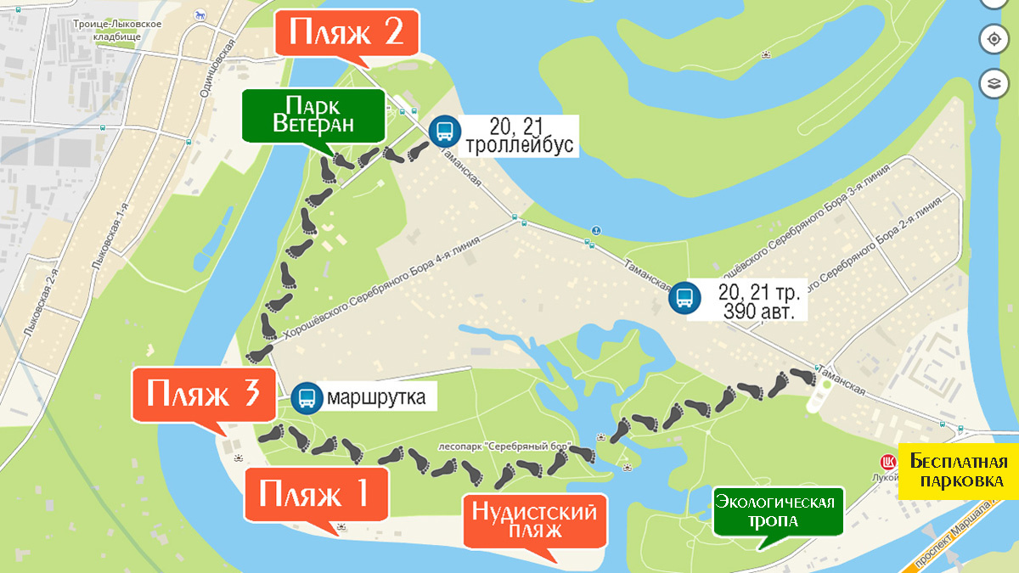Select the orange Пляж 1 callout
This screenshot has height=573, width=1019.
click(x=316, y=492)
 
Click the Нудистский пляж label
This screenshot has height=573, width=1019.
click(x=535, y=520)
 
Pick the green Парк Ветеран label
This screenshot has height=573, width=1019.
click(x=313, y=115)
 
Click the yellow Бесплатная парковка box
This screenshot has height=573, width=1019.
click(x=958, y=471)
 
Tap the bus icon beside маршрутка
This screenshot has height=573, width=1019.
click(x=306, y=397)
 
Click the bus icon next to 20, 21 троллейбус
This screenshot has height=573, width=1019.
click(x=442, y=132)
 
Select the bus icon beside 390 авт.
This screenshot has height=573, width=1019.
click(x=684, y=298)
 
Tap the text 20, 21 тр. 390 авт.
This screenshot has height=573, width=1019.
click(x=758, y=301)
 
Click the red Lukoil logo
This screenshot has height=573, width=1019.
click(x=888, y=463)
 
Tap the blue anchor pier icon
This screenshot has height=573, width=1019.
click(x=595, y=230)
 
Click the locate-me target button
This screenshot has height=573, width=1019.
click(x=992, y=38)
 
